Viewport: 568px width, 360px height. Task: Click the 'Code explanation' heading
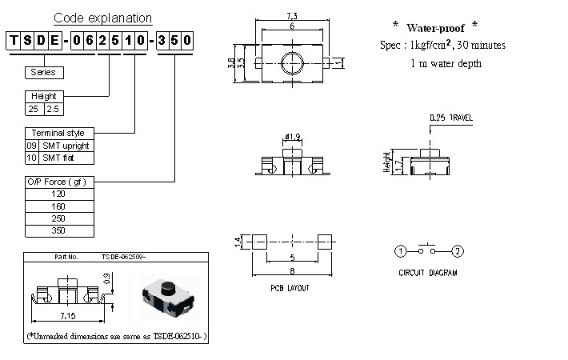click(x=102, y=18)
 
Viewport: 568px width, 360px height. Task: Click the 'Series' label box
click(x=44, y=72)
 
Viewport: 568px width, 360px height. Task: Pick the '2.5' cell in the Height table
click(x=53, y=106)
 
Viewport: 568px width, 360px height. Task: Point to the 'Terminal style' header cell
click(x=60, y=133)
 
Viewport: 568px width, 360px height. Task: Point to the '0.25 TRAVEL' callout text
click(x=451, y=118)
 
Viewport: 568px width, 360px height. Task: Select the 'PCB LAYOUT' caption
click(x=290, y=287)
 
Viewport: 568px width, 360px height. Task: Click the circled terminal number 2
click(x=457, y=252)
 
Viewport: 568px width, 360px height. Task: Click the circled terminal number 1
click(x=400, y=252)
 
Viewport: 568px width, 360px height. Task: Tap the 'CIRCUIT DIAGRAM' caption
click(x=428, y=273)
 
